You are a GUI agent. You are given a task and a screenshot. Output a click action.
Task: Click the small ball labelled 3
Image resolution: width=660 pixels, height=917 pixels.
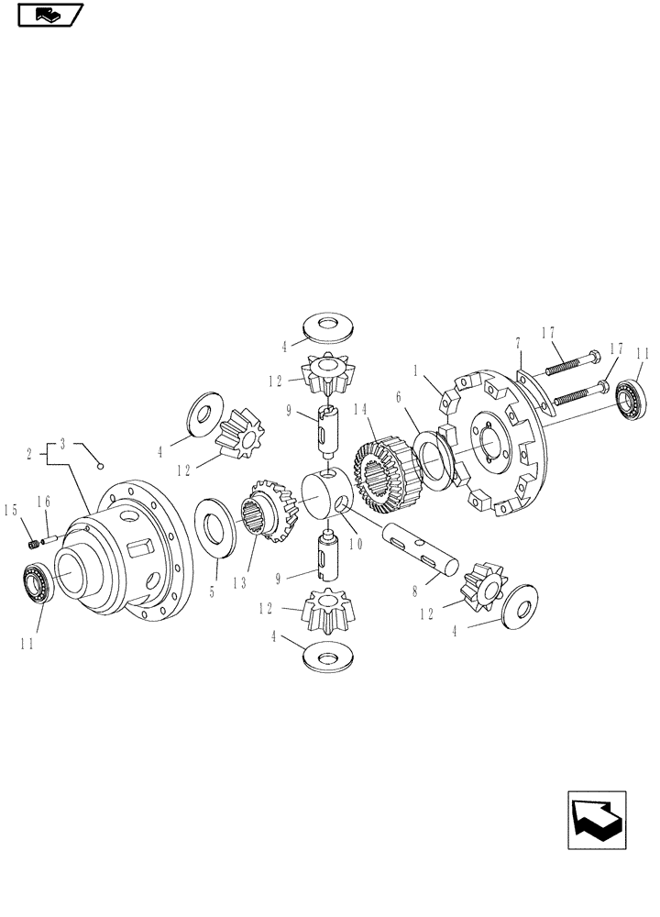104,465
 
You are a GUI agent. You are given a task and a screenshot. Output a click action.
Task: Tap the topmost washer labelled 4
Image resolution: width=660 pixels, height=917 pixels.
326,328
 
